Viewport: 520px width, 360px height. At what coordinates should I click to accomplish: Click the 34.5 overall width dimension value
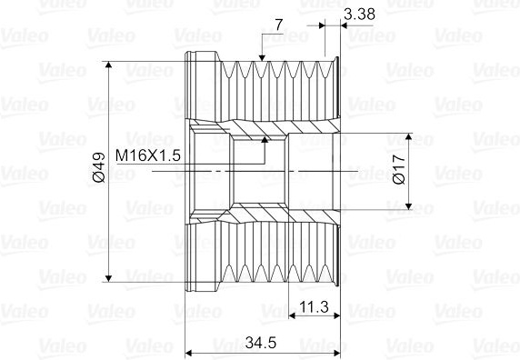tap(261, 343)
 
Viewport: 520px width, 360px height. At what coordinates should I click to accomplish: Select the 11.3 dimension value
tap(314, 306)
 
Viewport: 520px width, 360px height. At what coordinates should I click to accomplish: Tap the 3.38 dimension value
tap(359, 15)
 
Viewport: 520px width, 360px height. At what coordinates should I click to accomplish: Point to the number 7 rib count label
tap(279, 25)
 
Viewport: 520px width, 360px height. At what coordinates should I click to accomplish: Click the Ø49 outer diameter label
tap(99, 167)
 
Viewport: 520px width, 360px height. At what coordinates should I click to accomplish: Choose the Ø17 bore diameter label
tap(399, 169)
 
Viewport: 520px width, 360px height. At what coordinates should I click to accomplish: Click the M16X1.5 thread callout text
tap(148, 155)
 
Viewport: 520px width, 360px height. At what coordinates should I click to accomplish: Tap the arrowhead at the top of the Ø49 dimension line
tap(108, 65)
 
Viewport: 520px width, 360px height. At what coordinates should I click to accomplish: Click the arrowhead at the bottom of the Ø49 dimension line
tap(108, 278)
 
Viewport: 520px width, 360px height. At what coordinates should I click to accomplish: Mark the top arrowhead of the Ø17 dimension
tap(408, 136)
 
